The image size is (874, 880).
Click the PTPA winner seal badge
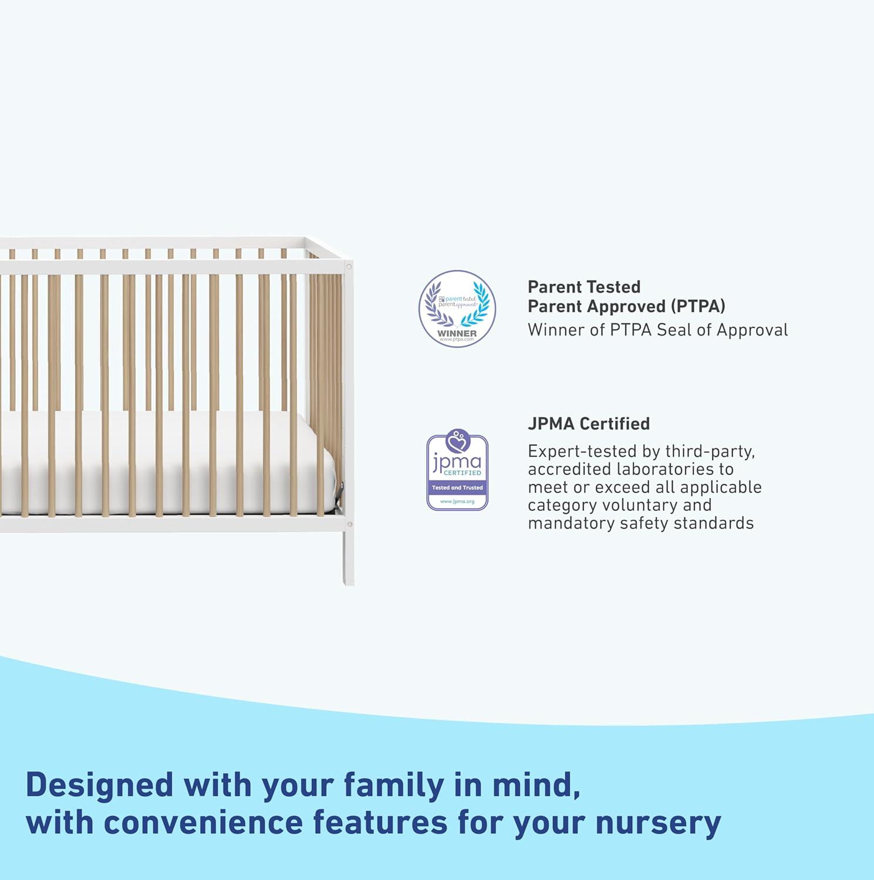457,309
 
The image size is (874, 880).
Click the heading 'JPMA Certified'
588,424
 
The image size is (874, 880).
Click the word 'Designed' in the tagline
100,785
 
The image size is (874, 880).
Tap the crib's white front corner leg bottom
348,578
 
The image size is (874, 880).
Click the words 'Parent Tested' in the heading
583,287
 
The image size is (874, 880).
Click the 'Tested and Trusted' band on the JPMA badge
457,488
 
